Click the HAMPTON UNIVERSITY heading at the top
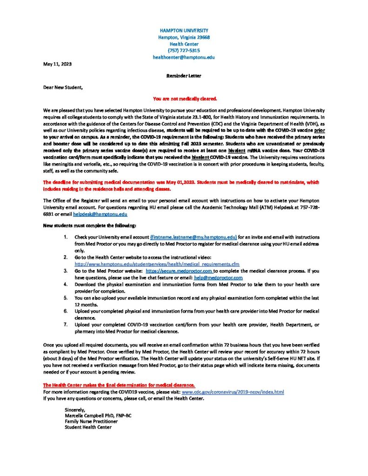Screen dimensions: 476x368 (x=184, y=30)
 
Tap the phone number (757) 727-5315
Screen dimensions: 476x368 (x=184, y=50)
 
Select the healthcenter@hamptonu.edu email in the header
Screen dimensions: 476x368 (x=184, y=57)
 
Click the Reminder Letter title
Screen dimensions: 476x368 (x=184, y=75)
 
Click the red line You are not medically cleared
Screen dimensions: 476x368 (x=185, y=99)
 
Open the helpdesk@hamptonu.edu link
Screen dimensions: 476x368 (x=100, y=214)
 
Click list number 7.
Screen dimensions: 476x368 (x=66, y=324)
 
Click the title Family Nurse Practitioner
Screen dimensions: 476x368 (x=91, y=421)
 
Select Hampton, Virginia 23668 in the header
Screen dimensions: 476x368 (x=184, y=37)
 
